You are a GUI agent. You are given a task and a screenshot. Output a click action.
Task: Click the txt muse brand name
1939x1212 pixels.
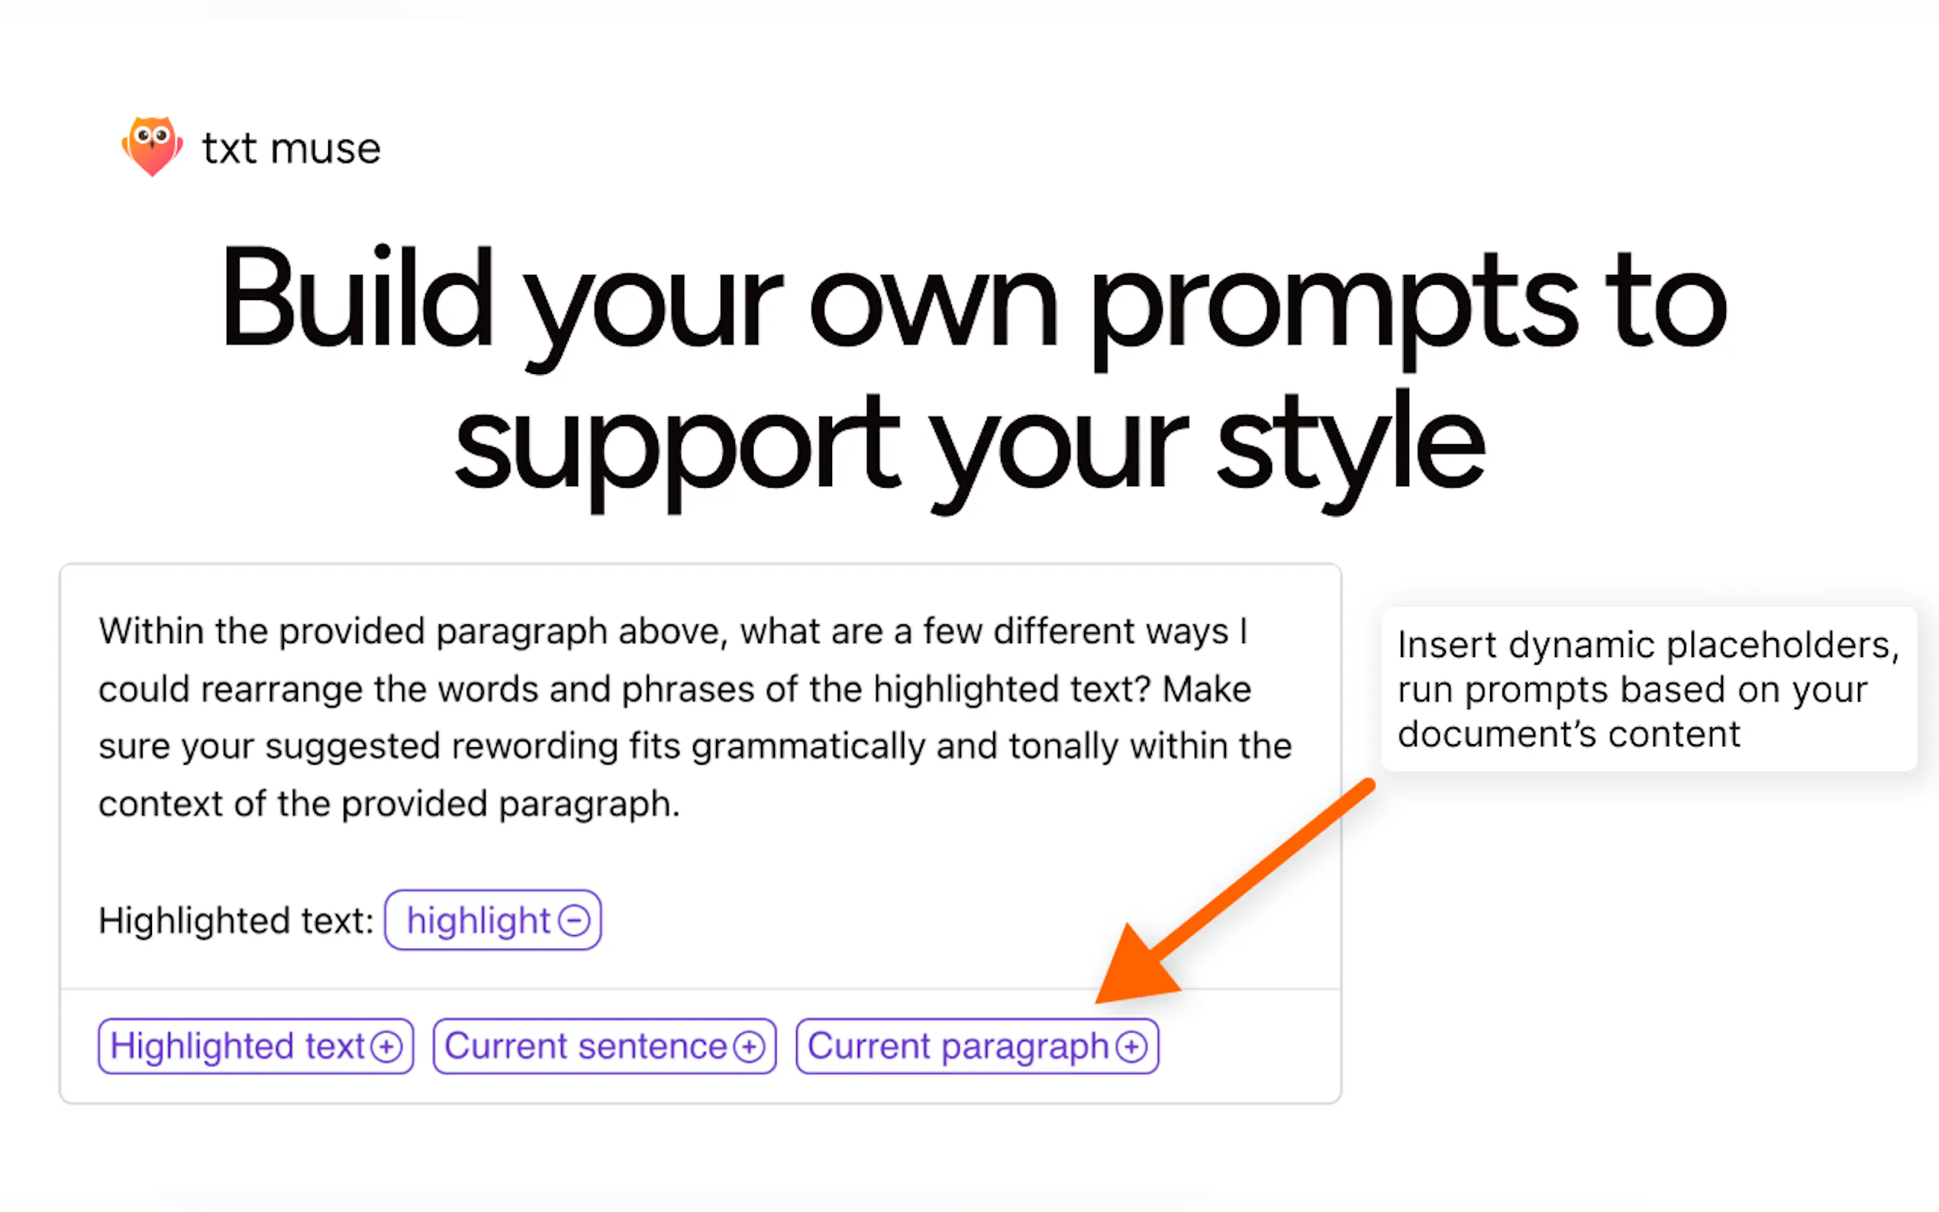coord(291,149)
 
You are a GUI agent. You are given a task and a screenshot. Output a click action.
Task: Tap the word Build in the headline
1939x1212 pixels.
coord(357,298)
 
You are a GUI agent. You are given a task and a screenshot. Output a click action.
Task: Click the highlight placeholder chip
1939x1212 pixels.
coord(493,920)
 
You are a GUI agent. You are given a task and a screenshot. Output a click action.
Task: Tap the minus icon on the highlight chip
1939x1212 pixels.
coord(574,920)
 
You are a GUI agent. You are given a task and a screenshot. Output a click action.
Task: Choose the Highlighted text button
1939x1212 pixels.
coord(256,1046)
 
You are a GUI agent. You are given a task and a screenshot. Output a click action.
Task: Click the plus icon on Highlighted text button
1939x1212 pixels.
coord(386,1047)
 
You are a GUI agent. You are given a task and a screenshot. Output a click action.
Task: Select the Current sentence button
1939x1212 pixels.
coord(605,1046)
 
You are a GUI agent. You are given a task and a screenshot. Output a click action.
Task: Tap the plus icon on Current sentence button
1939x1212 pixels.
coord(749,1047)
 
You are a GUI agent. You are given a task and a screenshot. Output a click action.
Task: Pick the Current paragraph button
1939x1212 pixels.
coord(977,1046)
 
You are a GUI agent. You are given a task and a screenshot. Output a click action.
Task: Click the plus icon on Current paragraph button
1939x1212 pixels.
coord(1131,1047)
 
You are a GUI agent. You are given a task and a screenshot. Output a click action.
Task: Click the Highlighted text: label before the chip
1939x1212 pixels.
coord(236,920)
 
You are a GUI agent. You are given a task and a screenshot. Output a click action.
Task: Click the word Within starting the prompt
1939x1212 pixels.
coord(150,631)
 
